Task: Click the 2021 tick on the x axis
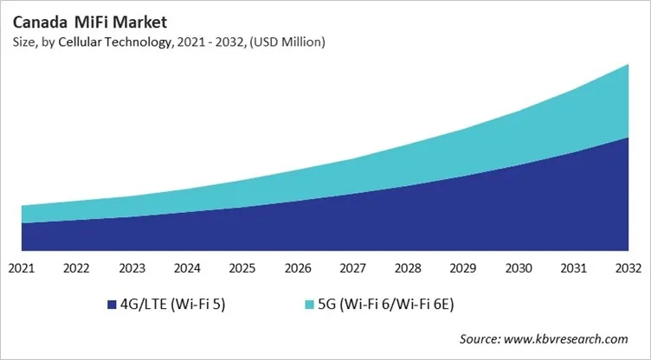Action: point(21,267)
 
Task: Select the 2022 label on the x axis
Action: point(76,267)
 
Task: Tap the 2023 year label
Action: point(132,267)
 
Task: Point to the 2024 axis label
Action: point(187,267)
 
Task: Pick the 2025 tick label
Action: point(242,267)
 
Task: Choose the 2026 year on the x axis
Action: point(298,267)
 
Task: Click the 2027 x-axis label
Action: point(353,267)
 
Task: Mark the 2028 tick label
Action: point(409,267)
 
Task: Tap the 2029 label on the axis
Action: point(464,267)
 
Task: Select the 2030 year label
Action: point(519,267)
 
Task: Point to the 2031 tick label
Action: point(575,267)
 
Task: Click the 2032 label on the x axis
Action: point(629,267)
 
